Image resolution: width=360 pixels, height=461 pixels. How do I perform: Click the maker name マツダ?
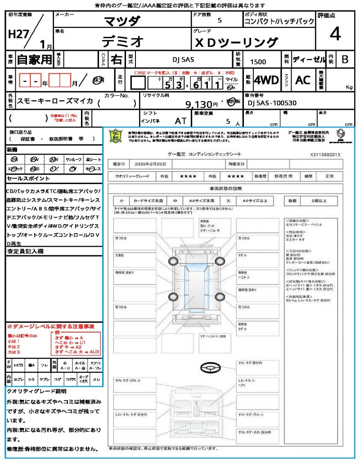tap(122, 21)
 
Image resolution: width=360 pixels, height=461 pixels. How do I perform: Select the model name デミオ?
tap(122, 41)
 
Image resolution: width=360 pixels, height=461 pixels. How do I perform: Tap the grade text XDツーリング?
tap(236, 42)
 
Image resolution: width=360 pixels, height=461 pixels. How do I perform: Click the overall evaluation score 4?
tap(334, 34)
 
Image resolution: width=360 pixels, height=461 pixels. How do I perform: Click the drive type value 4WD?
tap(266, 80)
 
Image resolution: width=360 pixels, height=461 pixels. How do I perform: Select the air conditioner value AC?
tap(303, 80)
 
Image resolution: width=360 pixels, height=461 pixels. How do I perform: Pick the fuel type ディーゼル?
tap(309, 59)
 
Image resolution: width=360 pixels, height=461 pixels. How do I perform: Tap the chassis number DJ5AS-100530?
tap(272, 103)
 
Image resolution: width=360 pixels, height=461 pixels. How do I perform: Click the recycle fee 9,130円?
tap(202, 104)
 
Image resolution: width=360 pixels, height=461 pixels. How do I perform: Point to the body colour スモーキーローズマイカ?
tap(54, 101)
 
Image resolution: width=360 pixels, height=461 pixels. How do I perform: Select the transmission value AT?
tap(180, 121)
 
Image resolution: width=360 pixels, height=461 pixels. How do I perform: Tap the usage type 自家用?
tap(34, 59)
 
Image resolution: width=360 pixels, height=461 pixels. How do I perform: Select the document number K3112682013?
tap(325, 154)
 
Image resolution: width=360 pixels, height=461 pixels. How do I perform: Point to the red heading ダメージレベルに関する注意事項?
tap(52, 326)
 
